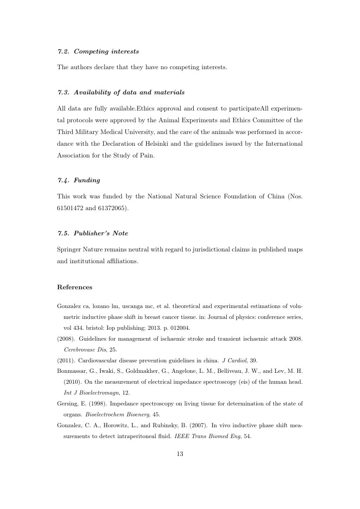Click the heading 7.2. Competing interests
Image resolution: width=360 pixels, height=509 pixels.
click(98, 51)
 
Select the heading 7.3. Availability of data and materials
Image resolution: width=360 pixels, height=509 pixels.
click(121, 92)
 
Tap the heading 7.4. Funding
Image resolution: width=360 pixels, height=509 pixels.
click(78, 180)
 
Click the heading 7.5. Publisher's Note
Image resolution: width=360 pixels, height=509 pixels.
click(93, 233)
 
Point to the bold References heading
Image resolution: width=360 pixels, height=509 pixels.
click(74, 287)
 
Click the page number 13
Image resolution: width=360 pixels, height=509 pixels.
click(180, 454)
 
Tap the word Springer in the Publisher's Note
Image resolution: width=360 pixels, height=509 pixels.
click(70, 250)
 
